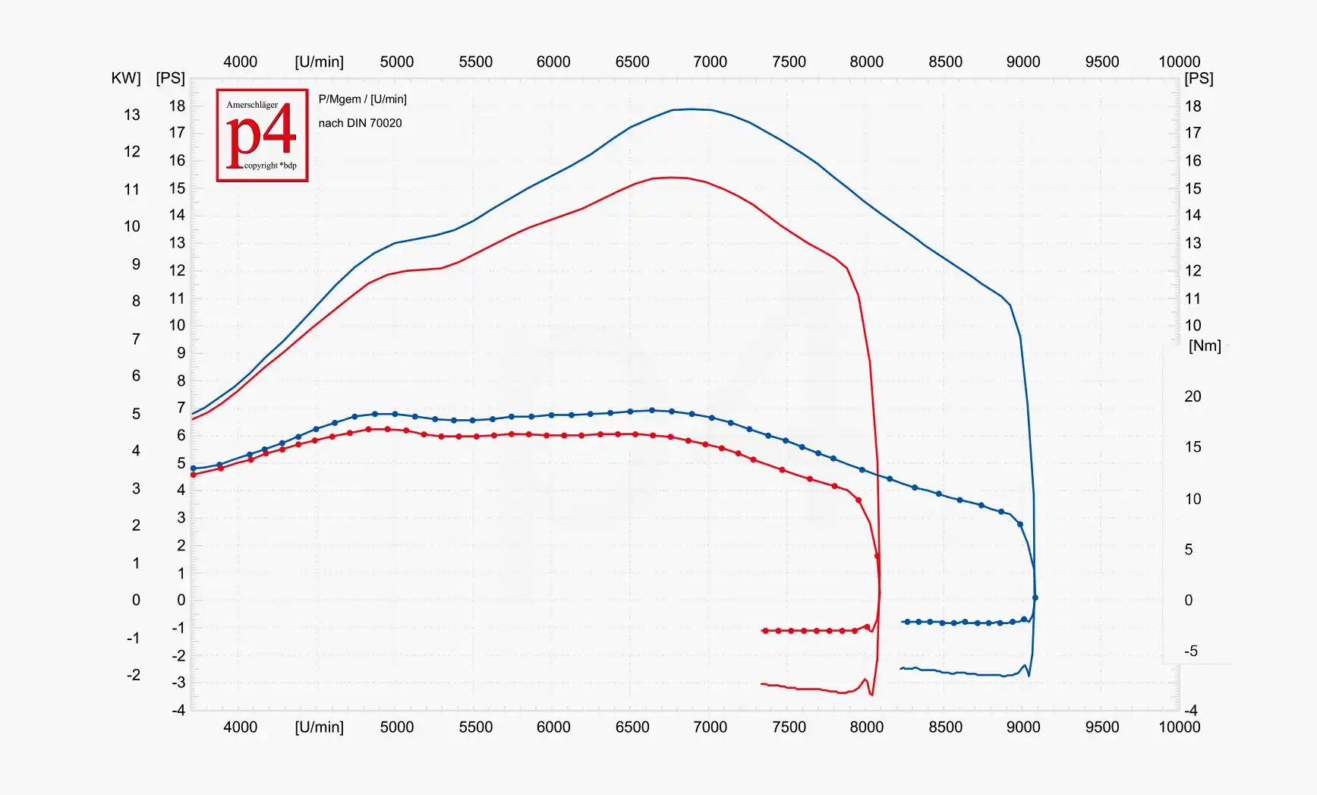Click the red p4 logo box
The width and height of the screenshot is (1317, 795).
262,135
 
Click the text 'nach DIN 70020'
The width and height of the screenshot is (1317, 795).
360,123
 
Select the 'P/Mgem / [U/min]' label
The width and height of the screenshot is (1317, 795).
362,99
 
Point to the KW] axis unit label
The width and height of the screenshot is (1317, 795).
125,78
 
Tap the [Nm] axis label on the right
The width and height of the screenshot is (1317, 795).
1205,346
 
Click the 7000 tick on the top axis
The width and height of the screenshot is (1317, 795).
710,62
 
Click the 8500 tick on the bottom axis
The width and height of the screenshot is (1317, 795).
945,727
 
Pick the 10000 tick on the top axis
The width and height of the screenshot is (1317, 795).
1179,62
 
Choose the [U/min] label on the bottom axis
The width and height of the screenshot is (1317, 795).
319,727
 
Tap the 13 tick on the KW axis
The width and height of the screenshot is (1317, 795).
132,115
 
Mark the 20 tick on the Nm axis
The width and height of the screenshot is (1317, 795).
1193,396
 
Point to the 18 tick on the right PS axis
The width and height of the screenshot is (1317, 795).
1193,106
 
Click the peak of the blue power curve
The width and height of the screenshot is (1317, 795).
689,109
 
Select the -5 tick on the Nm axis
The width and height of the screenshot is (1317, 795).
1191,651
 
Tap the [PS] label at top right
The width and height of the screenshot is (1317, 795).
1199,79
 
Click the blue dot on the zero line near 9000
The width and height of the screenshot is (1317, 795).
1035,598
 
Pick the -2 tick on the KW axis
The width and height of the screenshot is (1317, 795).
133,675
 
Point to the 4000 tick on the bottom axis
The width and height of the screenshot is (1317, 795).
240,727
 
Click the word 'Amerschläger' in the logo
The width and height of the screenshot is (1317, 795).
252,105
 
